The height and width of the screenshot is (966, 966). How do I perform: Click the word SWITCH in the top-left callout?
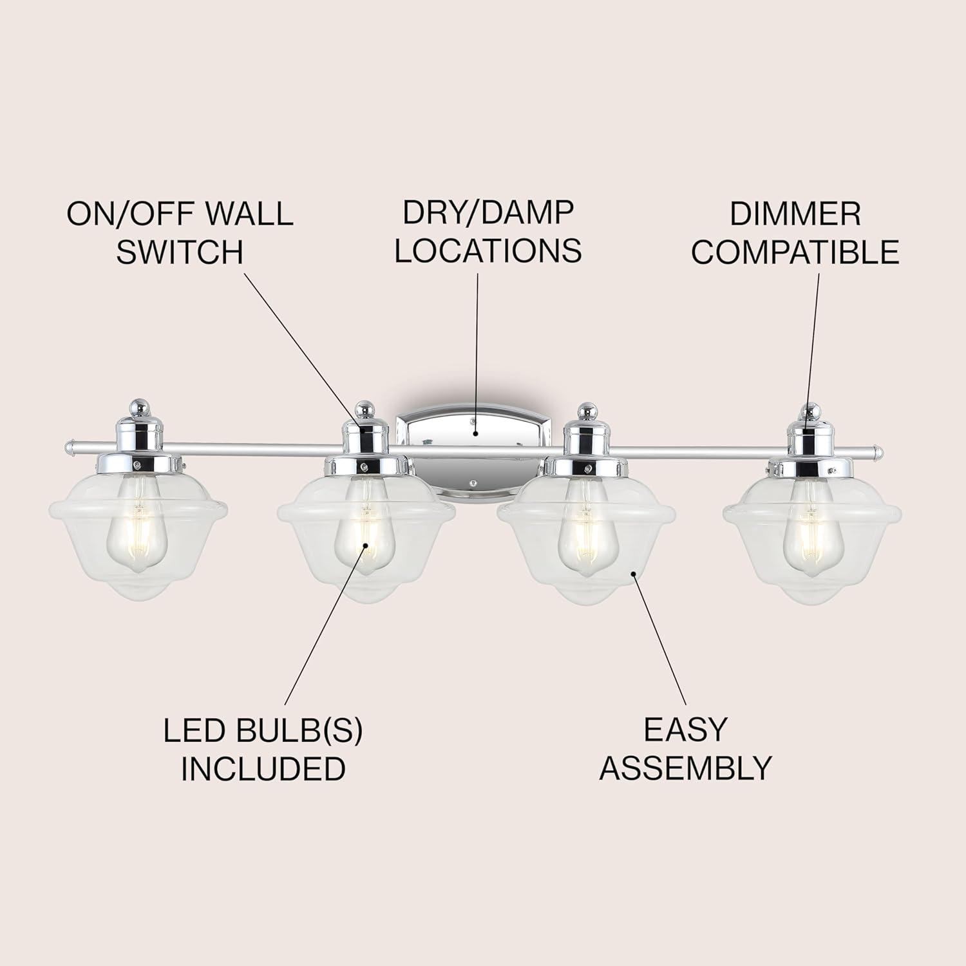click(180, 252)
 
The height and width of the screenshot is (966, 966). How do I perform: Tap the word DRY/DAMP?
click(488, 213)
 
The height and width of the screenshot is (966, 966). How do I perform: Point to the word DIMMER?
click(795, 214)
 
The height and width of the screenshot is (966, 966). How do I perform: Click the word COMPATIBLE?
click(795, 252)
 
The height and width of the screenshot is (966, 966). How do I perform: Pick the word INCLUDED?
click(263, 768)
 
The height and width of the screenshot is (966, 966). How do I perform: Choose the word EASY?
click(685, 730)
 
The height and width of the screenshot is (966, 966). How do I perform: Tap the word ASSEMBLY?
click(685, 768)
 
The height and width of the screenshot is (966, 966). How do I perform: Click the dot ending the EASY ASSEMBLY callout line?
click(634, 573)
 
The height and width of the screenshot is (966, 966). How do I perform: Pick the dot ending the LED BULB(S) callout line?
click(366, 546)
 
